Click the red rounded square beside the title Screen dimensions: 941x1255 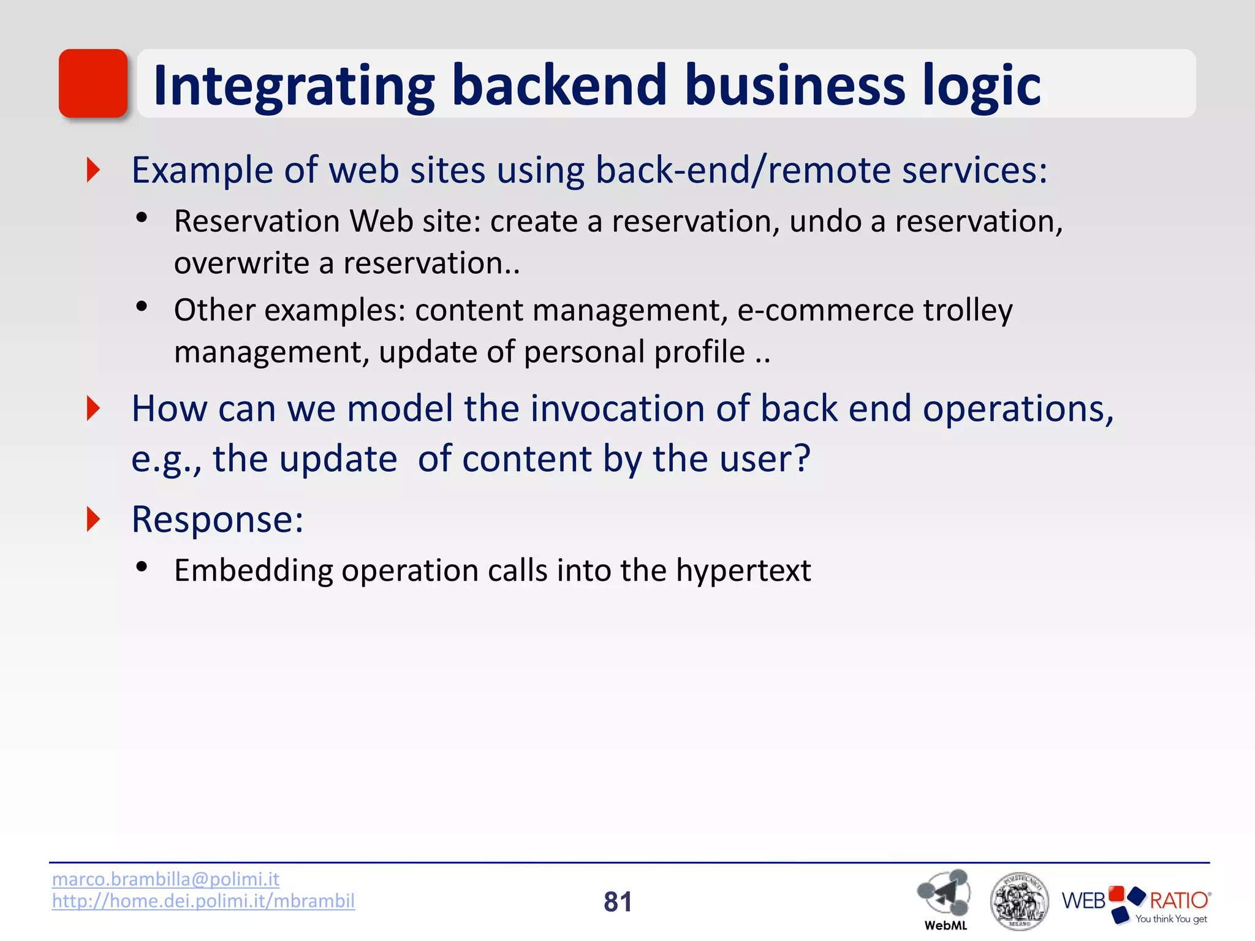tap(93, 83)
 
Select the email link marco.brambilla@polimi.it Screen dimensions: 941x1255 tap(165, 879)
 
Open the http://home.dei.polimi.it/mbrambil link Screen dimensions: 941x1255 tap(203, 901)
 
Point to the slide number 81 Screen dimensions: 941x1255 tap(618, 902)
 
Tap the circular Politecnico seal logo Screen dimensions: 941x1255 tap(1019, 901)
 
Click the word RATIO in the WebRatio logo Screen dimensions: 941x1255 tap(1178, 901)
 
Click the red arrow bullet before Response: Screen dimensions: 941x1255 tap(93, 520)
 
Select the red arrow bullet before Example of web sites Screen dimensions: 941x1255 tap(93, 170)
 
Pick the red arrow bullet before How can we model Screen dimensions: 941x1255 tap(93, 409)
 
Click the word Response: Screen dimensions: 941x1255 tap(218, 520)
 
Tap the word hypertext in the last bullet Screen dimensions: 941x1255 tap(743, 570)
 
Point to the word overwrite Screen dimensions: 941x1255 tap(241, 263)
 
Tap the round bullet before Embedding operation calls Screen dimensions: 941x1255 tap(142, 567)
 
